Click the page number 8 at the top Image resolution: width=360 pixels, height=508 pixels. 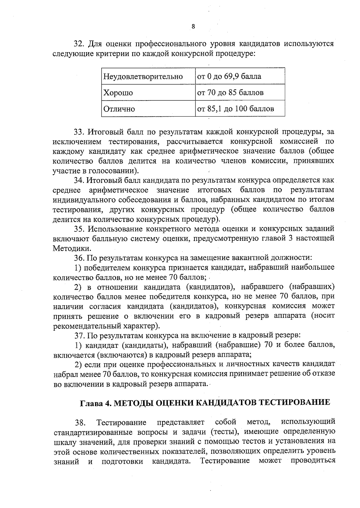(x=193, y=27)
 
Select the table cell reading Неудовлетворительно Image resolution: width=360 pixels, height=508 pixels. (x=143, y=76)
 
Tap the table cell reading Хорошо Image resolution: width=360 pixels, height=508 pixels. (x=118, y=93)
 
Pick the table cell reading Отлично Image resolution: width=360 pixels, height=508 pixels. (x=119, y=109)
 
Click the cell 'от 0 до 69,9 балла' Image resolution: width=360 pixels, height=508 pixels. (x=229, y=76)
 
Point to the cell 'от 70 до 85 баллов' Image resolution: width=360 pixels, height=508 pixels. (x=230, y=92)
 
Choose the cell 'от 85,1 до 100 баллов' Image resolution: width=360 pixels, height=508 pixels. (x=235, y=109)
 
